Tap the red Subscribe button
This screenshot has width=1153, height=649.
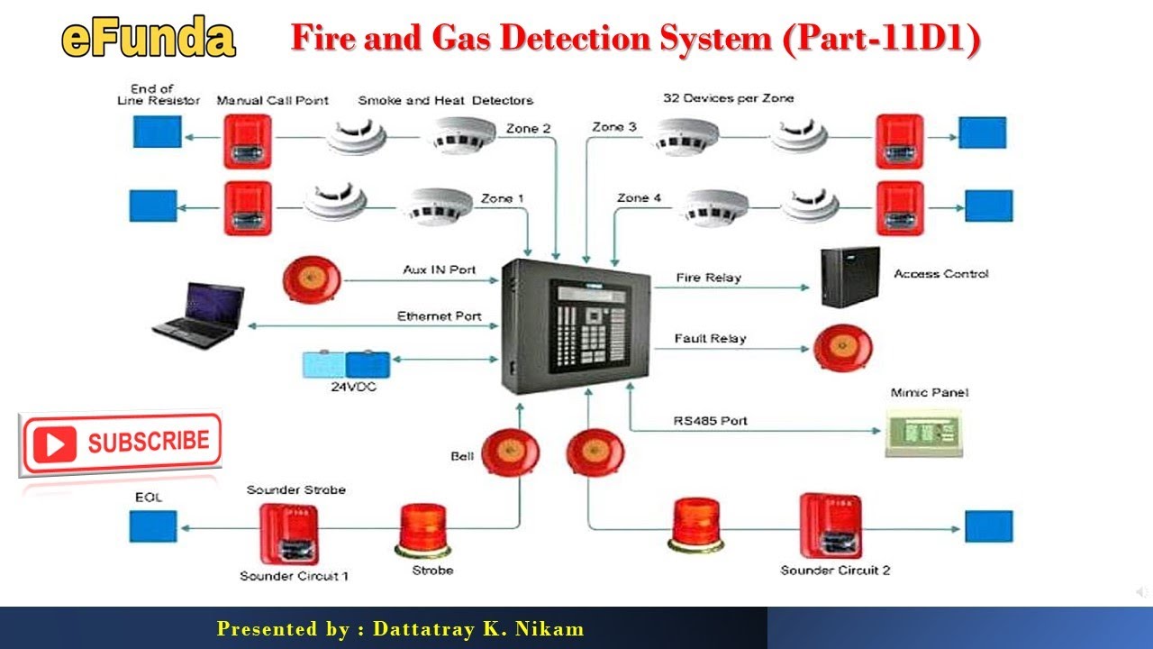[x=120, y=443]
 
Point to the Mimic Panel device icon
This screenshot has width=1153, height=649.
[x=923, y=434]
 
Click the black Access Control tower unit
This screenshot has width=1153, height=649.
[x=849, y=278]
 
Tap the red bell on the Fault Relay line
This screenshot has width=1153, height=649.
[x=843, y=347]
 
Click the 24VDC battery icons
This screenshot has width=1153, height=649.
[x=347, y=364]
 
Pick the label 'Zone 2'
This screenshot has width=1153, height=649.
[x=528, y=128]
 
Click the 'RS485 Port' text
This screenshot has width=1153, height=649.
[x=710, y=421]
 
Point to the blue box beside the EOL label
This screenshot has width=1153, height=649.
[x=153, y=526]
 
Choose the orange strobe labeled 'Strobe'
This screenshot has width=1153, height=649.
[x=422, y=529]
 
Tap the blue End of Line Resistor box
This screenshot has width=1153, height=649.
[x=157, y=133]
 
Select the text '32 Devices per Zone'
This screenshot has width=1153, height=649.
[x=728, y=98]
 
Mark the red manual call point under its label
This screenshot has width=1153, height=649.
[x=248, y=142]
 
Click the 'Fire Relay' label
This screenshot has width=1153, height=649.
[x=708, y=278]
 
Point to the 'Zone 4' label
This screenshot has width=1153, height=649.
[x=639, y=197]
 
